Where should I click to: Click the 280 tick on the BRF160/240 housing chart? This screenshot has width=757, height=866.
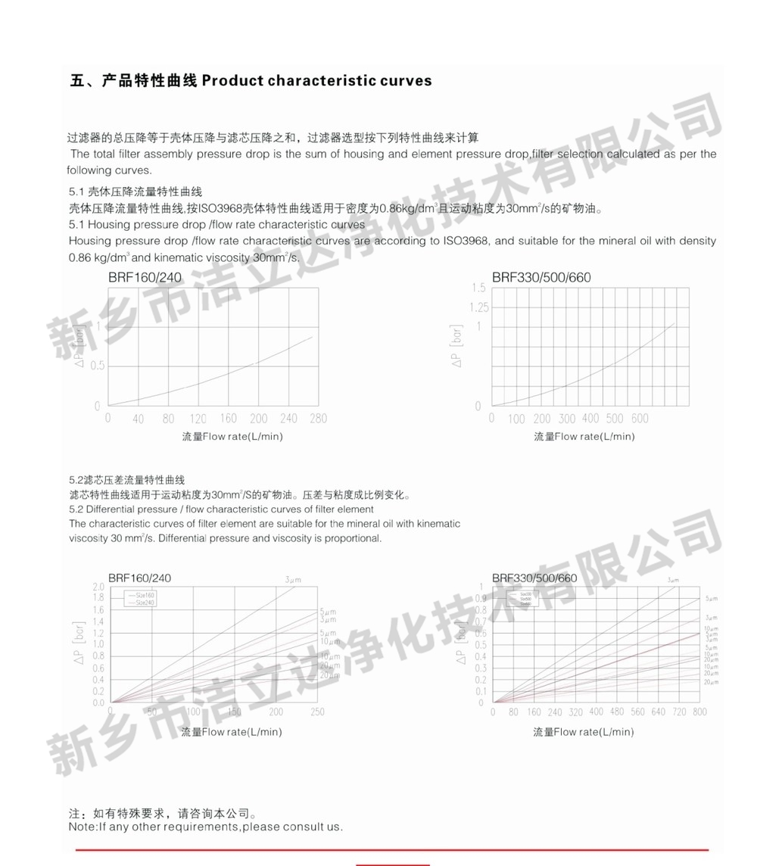tap(318, 419)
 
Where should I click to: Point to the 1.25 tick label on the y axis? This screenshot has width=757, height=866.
tap(479, 307)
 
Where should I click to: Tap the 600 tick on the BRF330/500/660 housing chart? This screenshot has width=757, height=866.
tap(640, 419)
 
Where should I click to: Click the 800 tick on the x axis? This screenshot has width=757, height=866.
tap(699, 712)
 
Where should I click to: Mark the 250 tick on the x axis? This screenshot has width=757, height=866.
tap(317, 712)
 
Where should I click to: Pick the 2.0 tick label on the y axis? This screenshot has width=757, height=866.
tap(98, 587)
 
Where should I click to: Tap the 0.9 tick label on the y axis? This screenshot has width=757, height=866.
tap(480, 598)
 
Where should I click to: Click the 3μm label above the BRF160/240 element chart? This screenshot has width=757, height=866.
tap(293, 580)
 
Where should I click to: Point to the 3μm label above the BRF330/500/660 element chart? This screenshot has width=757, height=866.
tap(673, 580)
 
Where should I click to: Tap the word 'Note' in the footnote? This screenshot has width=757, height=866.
tap(82, 827)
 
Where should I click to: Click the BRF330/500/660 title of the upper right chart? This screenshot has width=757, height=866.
tap(541, 277)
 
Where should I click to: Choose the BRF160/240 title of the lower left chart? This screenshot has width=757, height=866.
tap(139, 578)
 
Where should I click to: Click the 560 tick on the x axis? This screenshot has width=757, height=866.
tap(637, 712)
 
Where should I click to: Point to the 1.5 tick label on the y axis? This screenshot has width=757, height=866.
tap(478, 288)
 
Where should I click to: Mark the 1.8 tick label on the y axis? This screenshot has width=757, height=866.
tap(98, 598)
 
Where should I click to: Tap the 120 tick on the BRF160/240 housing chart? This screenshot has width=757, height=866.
tap(198, 419)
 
